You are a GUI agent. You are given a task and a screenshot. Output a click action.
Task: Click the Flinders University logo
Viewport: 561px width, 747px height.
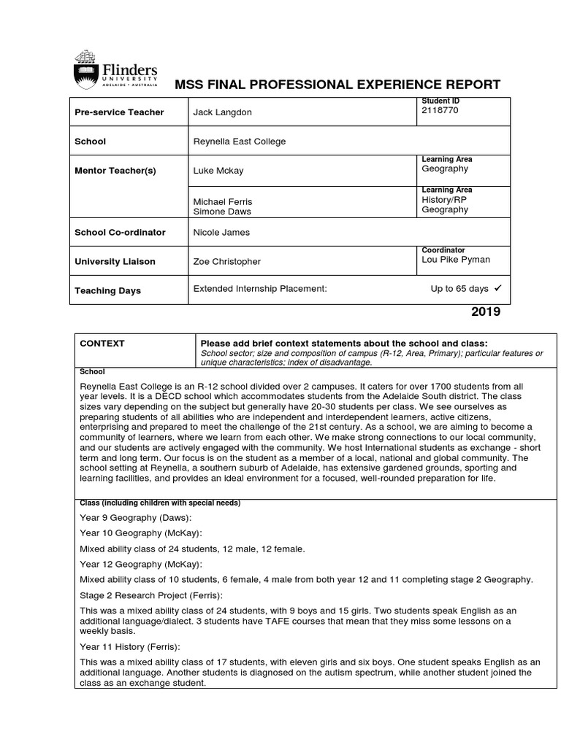click(115, 69)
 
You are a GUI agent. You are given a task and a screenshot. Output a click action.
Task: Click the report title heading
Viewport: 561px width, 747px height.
click(337, 85)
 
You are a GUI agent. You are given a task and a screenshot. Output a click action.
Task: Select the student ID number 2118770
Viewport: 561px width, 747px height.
click(440, 111)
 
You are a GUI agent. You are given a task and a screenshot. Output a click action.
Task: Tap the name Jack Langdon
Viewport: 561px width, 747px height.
click(223, 112)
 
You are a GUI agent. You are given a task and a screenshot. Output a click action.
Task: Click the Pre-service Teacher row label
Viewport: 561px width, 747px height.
click(119, 112)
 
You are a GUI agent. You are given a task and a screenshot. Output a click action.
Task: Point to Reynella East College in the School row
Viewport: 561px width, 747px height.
click(240, 142)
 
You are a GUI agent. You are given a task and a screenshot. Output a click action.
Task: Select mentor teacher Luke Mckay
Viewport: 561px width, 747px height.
click(218, 171)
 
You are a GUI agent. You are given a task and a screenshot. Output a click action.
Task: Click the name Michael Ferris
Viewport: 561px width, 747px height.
click(222, 201)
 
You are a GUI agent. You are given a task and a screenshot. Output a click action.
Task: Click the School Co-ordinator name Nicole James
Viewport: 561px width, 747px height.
click(221, 233)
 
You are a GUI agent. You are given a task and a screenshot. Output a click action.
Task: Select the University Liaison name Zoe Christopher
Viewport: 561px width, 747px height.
click(226, 262)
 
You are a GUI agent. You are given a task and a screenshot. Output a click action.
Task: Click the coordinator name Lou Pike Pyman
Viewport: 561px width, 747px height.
click(456, 260)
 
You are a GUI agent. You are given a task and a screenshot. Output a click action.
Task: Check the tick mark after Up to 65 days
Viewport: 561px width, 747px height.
click(497, 289)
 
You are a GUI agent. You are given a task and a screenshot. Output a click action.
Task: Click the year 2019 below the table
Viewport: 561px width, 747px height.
click(486, 312)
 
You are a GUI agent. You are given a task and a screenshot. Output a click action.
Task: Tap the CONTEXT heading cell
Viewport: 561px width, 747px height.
click(102, 344)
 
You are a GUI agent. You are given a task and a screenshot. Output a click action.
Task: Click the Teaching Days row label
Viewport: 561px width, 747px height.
click(107, 291)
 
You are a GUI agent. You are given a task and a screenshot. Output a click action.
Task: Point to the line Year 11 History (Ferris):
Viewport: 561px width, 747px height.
click(130, 646)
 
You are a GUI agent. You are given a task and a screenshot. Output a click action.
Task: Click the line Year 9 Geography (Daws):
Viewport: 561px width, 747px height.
click(135, 518)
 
